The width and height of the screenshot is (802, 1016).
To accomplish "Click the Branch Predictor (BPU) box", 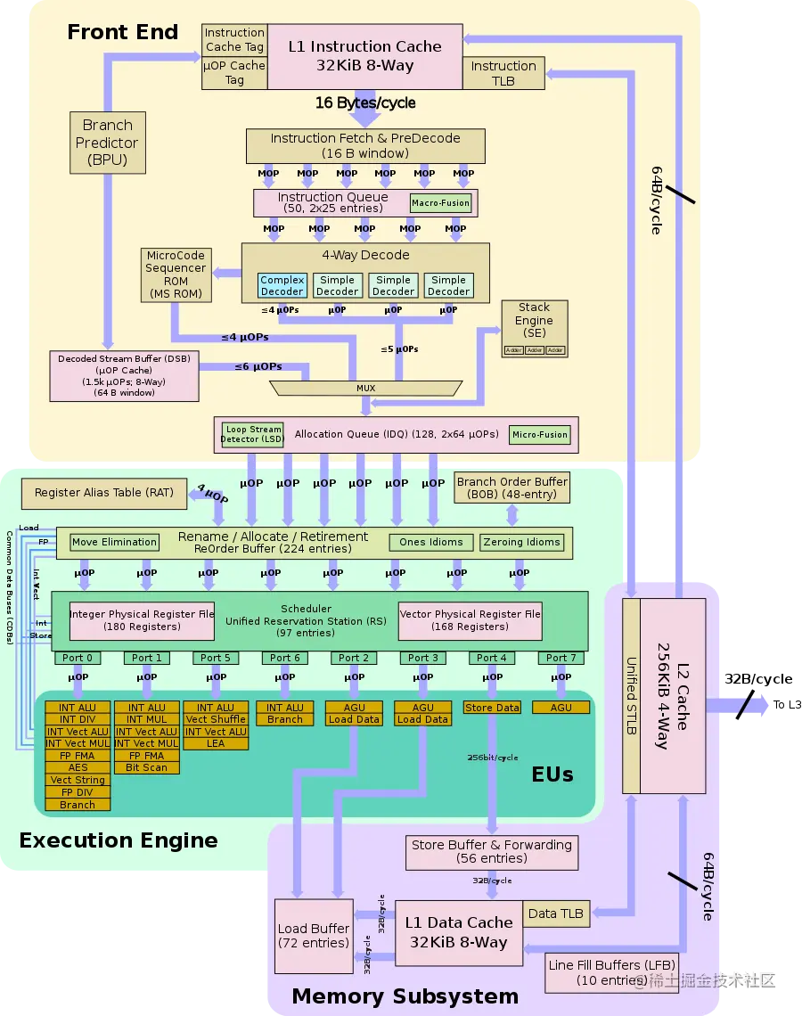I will click(x=107, y=143).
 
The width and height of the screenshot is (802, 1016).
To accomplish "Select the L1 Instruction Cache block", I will click(x=364, y=56).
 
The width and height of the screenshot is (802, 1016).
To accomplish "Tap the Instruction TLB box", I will click(x=503, y=73).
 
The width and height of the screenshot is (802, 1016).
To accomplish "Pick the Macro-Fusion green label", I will click(x=440, y=203).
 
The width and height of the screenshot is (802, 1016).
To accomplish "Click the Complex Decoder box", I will click(x=282, y=285).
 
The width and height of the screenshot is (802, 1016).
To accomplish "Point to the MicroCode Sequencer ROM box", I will click(x=176, y=274).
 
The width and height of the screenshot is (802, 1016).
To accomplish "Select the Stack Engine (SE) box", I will click(x=534, y=328).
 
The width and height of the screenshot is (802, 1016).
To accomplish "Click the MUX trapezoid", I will click(x=365, y=388).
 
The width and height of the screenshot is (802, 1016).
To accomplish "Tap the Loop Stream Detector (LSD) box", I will click(x=252, y=434).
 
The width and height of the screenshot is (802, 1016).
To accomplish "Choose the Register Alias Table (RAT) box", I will click(x=104, y=493).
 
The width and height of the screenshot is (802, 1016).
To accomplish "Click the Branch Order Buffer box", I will click(x=511, y=488).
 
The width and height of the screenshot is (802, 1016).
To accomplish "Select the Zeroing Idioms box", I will click(x=521, y=542).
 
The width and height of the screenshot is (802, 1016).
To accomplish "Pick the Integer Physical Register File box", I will click(x=142, y=620).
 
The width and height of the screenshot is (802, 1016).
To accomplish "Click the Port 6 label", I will click(x=284, y=658).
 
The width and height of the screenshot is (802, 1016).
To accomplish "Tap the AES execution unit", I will click(x=78, y=767).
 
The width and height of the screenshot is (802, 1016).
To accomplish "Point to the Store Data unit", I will click(x=491, y=708).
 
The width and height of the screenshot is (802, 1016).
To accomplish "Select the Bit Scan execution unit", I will click(x=146, y=767).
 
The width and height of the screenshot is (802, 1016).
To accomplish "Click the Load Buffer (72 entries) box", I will click(x=313, y=936).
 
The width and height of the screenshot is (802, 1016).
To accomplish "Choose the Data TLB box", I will click(x=555, y=914).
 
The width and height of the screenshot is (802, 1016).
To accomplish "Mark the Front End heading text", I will click(x=122, y=33).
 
